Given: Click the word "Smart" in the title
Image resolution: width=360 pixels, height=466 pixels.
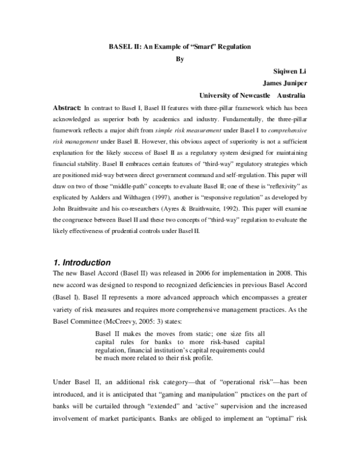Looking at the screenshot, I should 201,46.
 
